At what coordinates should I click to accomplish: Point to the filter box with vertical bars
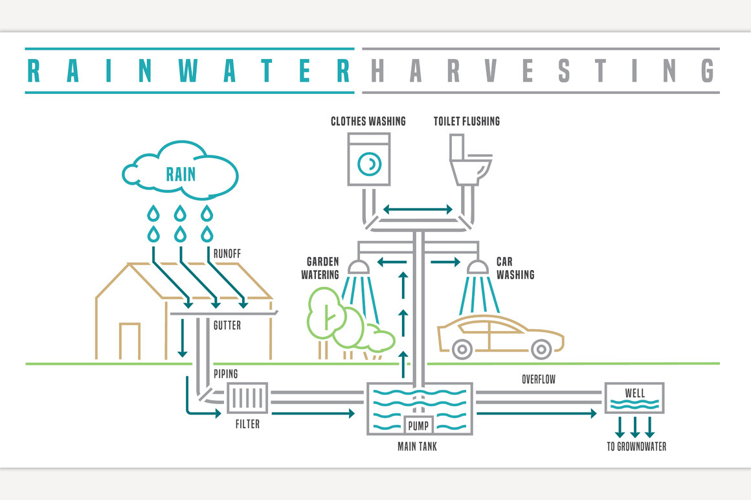pyautogui.click(x=247, y=398)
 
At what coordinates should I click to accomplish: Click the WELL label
pyautogui.click(x=634, y=393)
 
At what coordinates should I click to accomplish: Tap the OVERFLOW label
pyautogui.click(x=539, y=379)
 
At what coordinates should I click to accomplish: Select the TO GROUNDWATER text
pyautogui.click(x=636, y=446)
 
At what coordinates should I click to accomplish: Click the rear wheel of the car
pyautogui.click(x=461, y=350)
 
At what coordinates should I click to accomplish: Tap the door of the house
pyautogui.click(x=129, y=341)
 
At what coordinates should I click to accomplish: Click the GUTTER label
pyautogui.click(x=227, y=326)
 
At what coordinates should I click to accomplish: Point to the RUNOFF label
pyautogui.click(x=227, y=255)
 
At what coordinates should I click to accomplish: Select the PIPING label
pyautogui.click(x=226, y=374)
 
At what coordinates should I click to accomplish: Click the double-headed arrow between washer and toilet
pyautogui.click(x=418, y=209)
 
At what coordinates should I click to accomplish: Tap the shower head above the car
pyautogui.click(x=477, y=267)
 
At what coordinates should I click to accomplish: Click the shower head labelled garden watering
pyautogui.click(x=357, y=267)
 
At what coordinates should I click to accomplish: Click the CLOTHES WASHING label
pyautogui.click(x=368, y=121)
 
